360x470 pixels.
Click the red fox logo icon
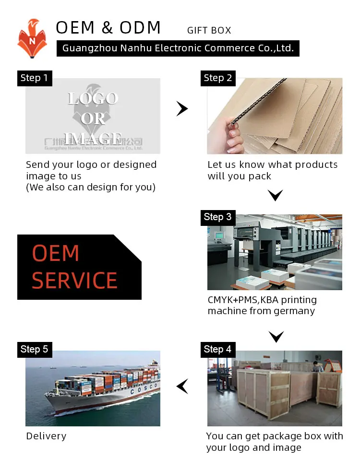pos(32,38)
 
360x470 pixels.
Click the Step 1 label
pos(34,78)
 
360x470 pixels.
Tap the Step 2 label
pos(217,78)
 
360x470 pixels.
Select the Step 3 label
pos(217,217)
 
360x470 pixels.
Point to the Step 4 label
pos(217,349)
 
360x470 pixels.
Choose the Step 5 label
pos(34,349)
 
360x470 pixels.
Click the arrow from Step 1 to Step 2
pos(182,109)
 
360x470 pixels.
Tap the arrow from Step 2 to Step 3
pos(276,195)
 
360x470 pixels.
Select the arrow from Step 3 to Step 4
pos(276,336)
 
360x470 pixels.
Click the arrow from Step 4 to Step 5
pos(182,386)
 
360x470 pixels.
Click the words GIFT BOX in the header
pos(209,31)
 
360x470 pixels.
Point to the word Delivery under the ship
pos(46,436)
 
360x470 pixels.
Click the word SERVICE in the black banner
pos(74,281)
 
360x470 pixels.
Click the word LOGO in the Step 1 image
pos(93,98)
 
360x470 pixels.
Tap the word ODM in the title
pos(140,28)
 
